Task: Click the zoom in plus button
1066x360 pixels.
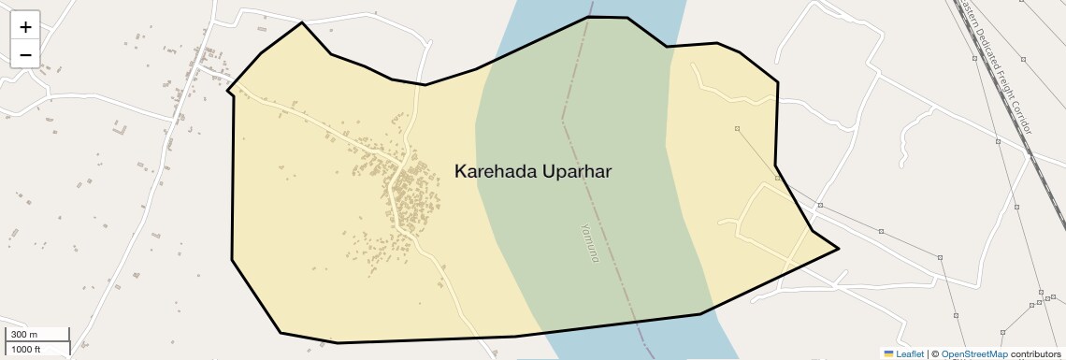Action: pos(25,27)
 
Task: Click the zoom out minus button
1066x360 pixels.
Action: pos(25,55)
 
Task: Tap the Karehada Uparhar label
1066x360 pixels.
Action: pos(533,171)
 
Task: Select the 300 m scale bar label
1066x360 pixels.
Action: pos(24,335)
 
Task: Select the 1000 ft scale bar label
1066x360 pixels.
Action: pos(26,349)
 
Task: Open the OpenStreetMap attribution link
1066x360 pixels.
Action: pos(974,354)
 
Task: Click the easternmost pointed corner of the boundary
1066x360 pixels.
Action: pos(838,248)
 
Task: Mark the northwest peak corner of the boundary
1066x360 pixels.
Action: pos(302,23)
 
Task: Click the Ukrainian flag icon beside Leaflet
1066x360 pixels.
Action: pos(889,354)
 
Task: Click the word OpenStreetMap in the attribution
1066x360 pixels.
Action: pos(974,354)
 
